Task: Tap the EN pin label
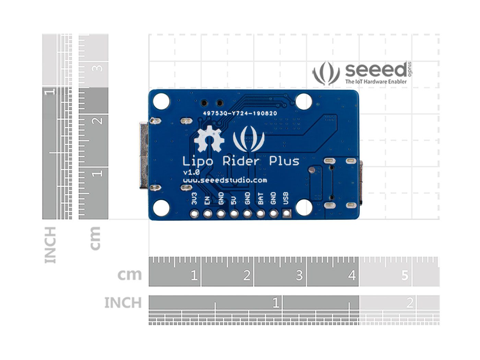coord(207,200)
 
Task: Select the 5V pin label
coord(234,200)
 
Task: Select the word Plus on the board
coord(284,161)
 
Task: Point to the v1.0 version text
coord(191,172)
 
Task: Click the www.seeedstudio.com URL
coord(225,180)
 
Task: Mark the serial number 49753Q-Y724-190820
coord(240,113)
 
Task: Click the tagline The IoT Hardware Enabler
coord(376,82)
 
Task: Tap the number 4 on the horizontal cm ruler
coord(352,275)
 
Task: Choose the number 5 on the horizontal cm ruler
coord(405,275)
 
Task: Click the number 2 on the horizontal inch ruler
coord(409,303)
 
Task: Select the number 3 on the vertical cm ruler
coord(98,68)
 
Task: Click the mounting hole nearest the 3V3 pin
coord(161,208)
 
